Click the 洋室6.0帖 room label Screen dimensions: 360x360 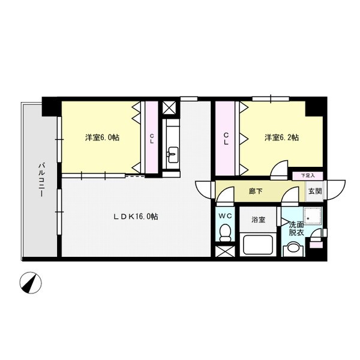point(101,137)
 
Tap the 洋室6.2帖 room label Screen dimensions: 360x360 point(282,137)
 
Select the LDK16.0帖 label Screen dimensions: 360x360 point(136,216)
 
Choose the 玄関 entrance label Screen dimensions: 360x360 point(314,192)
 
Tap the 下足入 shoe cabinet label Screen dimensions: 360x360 point(308,176)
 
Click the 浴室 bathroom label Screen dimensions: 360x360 point(258,220)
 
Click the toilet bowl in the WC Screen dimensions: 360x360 point(225,232)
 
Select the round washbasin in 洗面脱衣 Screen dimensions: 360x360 point(293,248)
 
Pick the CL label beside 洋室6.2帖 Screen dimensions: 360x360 point(227,139)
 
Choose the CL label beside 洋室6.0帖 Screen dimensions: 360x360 point(152,139)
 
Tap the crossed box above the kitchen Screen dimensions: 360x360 point(169,109)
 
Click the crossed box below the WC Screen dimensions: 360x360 point(225,251)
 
